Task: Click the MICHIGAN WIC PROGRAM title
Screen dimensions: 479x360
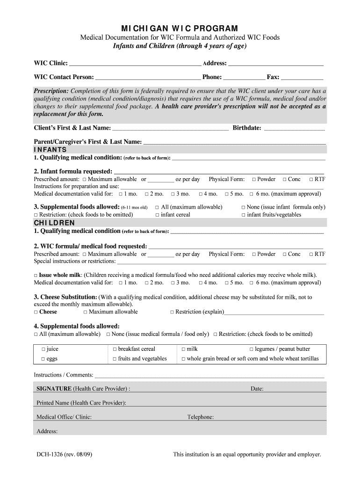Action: pos(180,29)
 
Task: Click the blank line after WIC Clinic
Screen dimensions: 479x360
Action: pos(135,64)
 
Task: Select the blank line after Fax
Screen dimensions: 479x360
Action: pos(302,77)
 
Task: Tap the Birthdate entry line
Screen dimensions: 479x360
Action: pos(295,128)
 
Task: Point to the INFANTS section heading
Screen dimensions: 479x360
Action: pos(50,150)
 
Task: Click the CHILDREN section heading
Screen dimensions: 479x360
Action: pos(54,223)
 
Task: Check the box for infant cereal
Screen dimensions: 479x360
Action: pos(158,215)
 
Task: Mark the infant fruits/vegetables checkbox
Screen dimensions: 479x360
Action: pos(243,215)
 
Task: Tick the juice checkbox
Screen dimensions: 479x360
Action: pos(43,349)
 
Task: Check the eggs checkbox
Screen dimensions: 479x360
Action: pos(43,359)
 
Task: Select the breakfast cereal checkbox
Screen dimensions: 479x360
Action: pos(115,349)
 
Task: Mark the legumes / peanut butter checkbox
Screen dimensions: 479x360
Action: pos(251,349)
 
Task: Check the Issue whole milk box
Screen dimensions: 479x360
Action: pos(36,276)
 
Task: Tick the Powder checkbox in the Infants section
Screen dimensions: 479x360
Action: pos(253,179)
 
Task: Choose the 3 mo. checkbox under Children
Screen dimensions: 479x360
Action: pos(173,283)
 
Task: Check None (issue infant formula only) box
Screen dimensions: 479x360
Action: pos(243,207)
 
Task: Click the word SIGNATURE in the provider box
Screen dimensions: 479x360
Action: pos(54,389)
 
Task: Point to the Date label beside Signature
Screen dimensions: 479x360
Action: pos(257,389)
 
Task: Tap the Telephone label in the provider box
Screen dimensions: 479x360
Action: pos(200,417)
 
